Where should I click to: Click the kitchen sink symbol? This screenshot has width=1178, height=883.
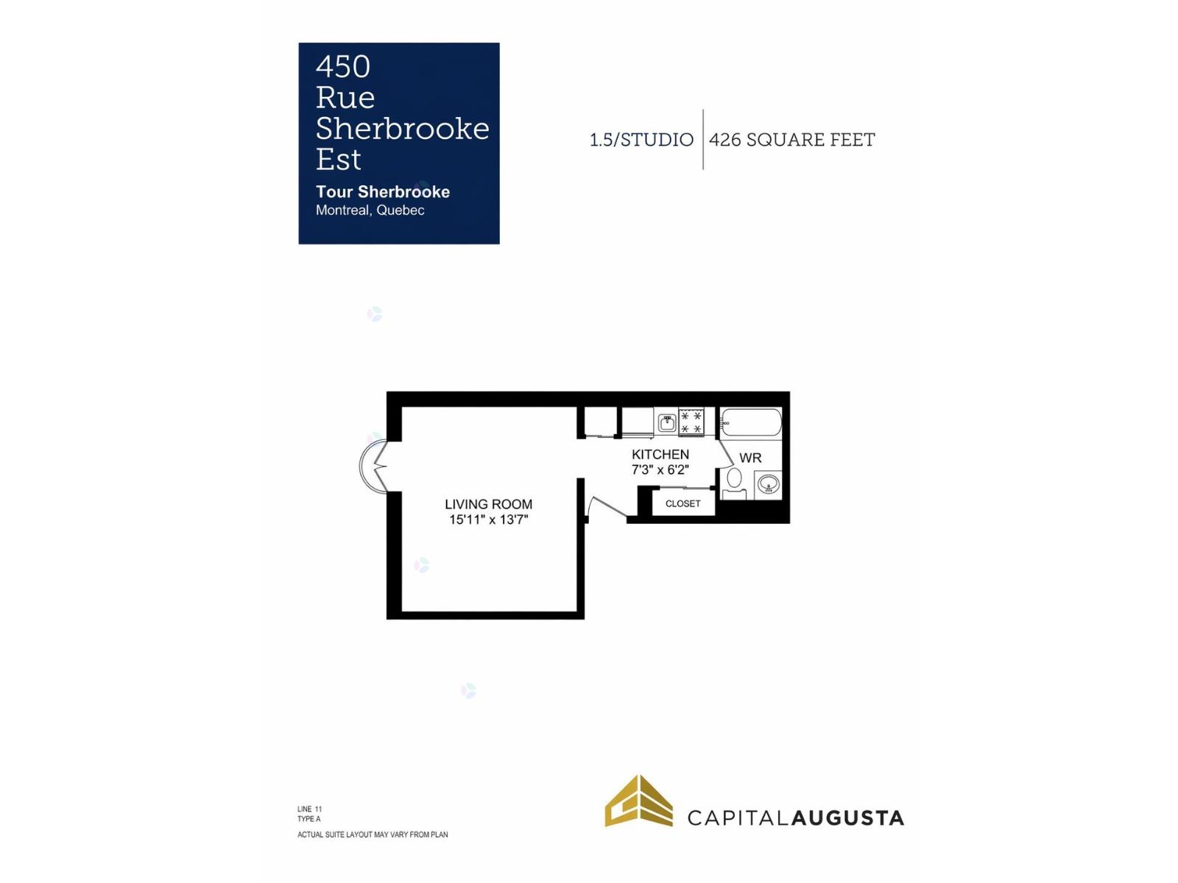coord(666,422)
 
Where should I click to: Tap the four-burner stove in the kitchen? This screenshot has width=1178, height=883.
coord(691,422)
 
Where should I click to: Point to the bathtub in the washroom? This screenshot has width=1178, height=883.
coord(750,422)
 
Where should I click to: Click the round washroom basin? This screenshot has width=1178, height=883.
coord(767,485)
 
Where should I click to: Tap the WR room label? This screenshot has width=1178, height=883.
coord(750,458)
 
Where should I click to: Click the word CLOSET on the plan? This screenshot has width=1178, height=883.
coord(682,503)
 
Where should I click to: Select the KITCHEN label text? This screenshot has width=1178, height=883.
coord(660,454)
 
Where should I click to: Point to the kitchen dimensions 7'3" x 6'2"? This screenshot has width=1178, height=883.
coord(660,469)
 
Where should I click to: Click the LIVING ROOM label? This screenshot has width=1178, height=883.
coord(488,504)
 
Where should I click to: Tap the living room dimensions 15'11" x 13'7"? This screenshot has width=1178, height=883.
coord(488,519)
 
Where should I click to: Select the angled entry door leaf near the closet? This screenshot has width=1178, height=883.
coord(608,507)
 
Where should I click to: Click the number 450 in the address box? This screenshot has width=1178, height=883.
coord(342,66)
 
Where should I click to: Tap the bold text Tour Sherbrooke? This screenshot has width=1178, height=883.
coord(382,191)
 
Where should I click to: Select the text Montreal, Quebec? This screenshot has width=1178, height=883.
coord(370,210)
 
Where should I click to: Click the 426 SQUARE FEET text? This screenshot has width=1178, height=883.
coord(791,140)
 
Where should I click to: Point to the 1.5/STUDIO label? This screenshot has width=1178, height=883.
coord(641,140)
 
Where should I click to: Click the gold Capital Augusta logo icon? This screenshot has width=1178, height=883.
coord(638,801)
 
